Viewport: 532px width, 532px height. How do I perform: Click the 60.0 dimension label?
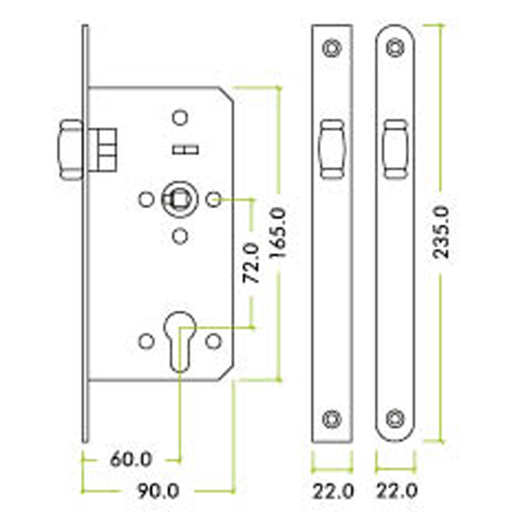click(131, 460)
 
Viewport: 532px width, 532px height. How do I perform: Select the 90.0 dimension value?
click(158, 491)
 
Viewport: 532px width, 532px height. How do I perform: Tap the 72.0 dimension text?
click(251, 263)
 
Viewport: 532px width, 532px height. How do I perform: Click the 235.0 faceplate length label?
click(442, 232)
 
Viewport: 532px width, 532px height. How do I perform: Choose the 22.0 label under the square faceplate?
click(333, 491)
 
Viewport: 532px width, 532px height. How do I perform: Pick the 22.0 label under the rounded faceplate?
click(397, 491)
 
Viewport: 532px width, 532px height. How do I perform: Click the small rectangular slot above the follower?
click(185, 149)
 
